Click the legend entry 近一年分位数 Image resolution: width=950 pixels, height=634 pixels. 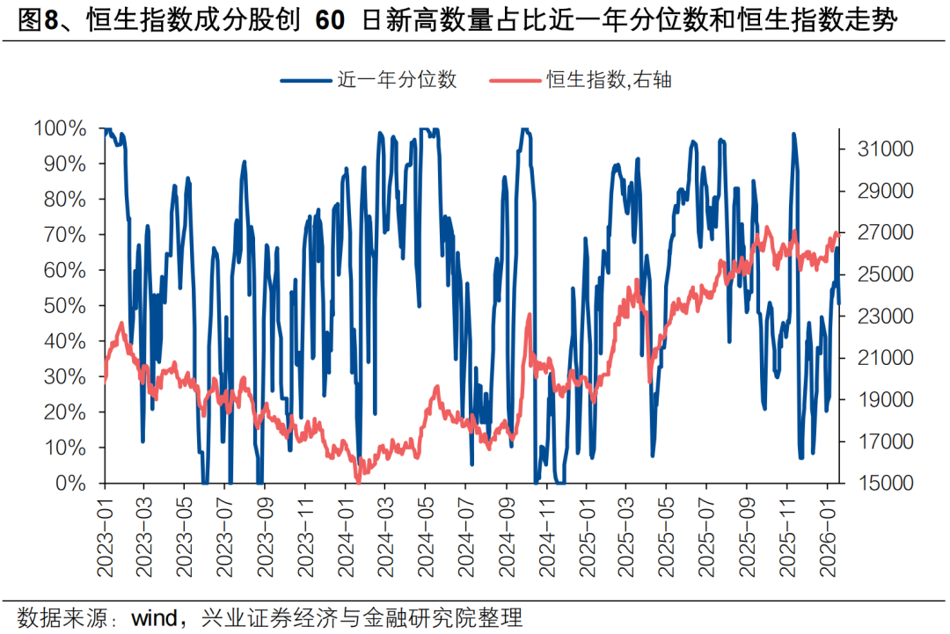397,80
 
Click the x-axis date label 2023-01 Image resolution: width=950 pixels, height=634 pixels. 105,534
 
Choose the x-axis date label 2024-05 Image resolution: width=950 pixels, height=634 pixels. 426,534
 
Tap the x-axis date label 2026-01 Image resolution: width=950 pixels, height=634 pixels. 827,534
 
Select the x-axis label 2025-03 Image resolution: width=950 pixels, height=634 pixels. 626,534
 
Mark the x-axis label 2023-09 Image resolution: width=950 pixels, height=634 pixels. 265,534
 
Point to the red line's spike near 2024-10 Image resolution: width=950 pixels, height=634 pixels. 529,314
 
